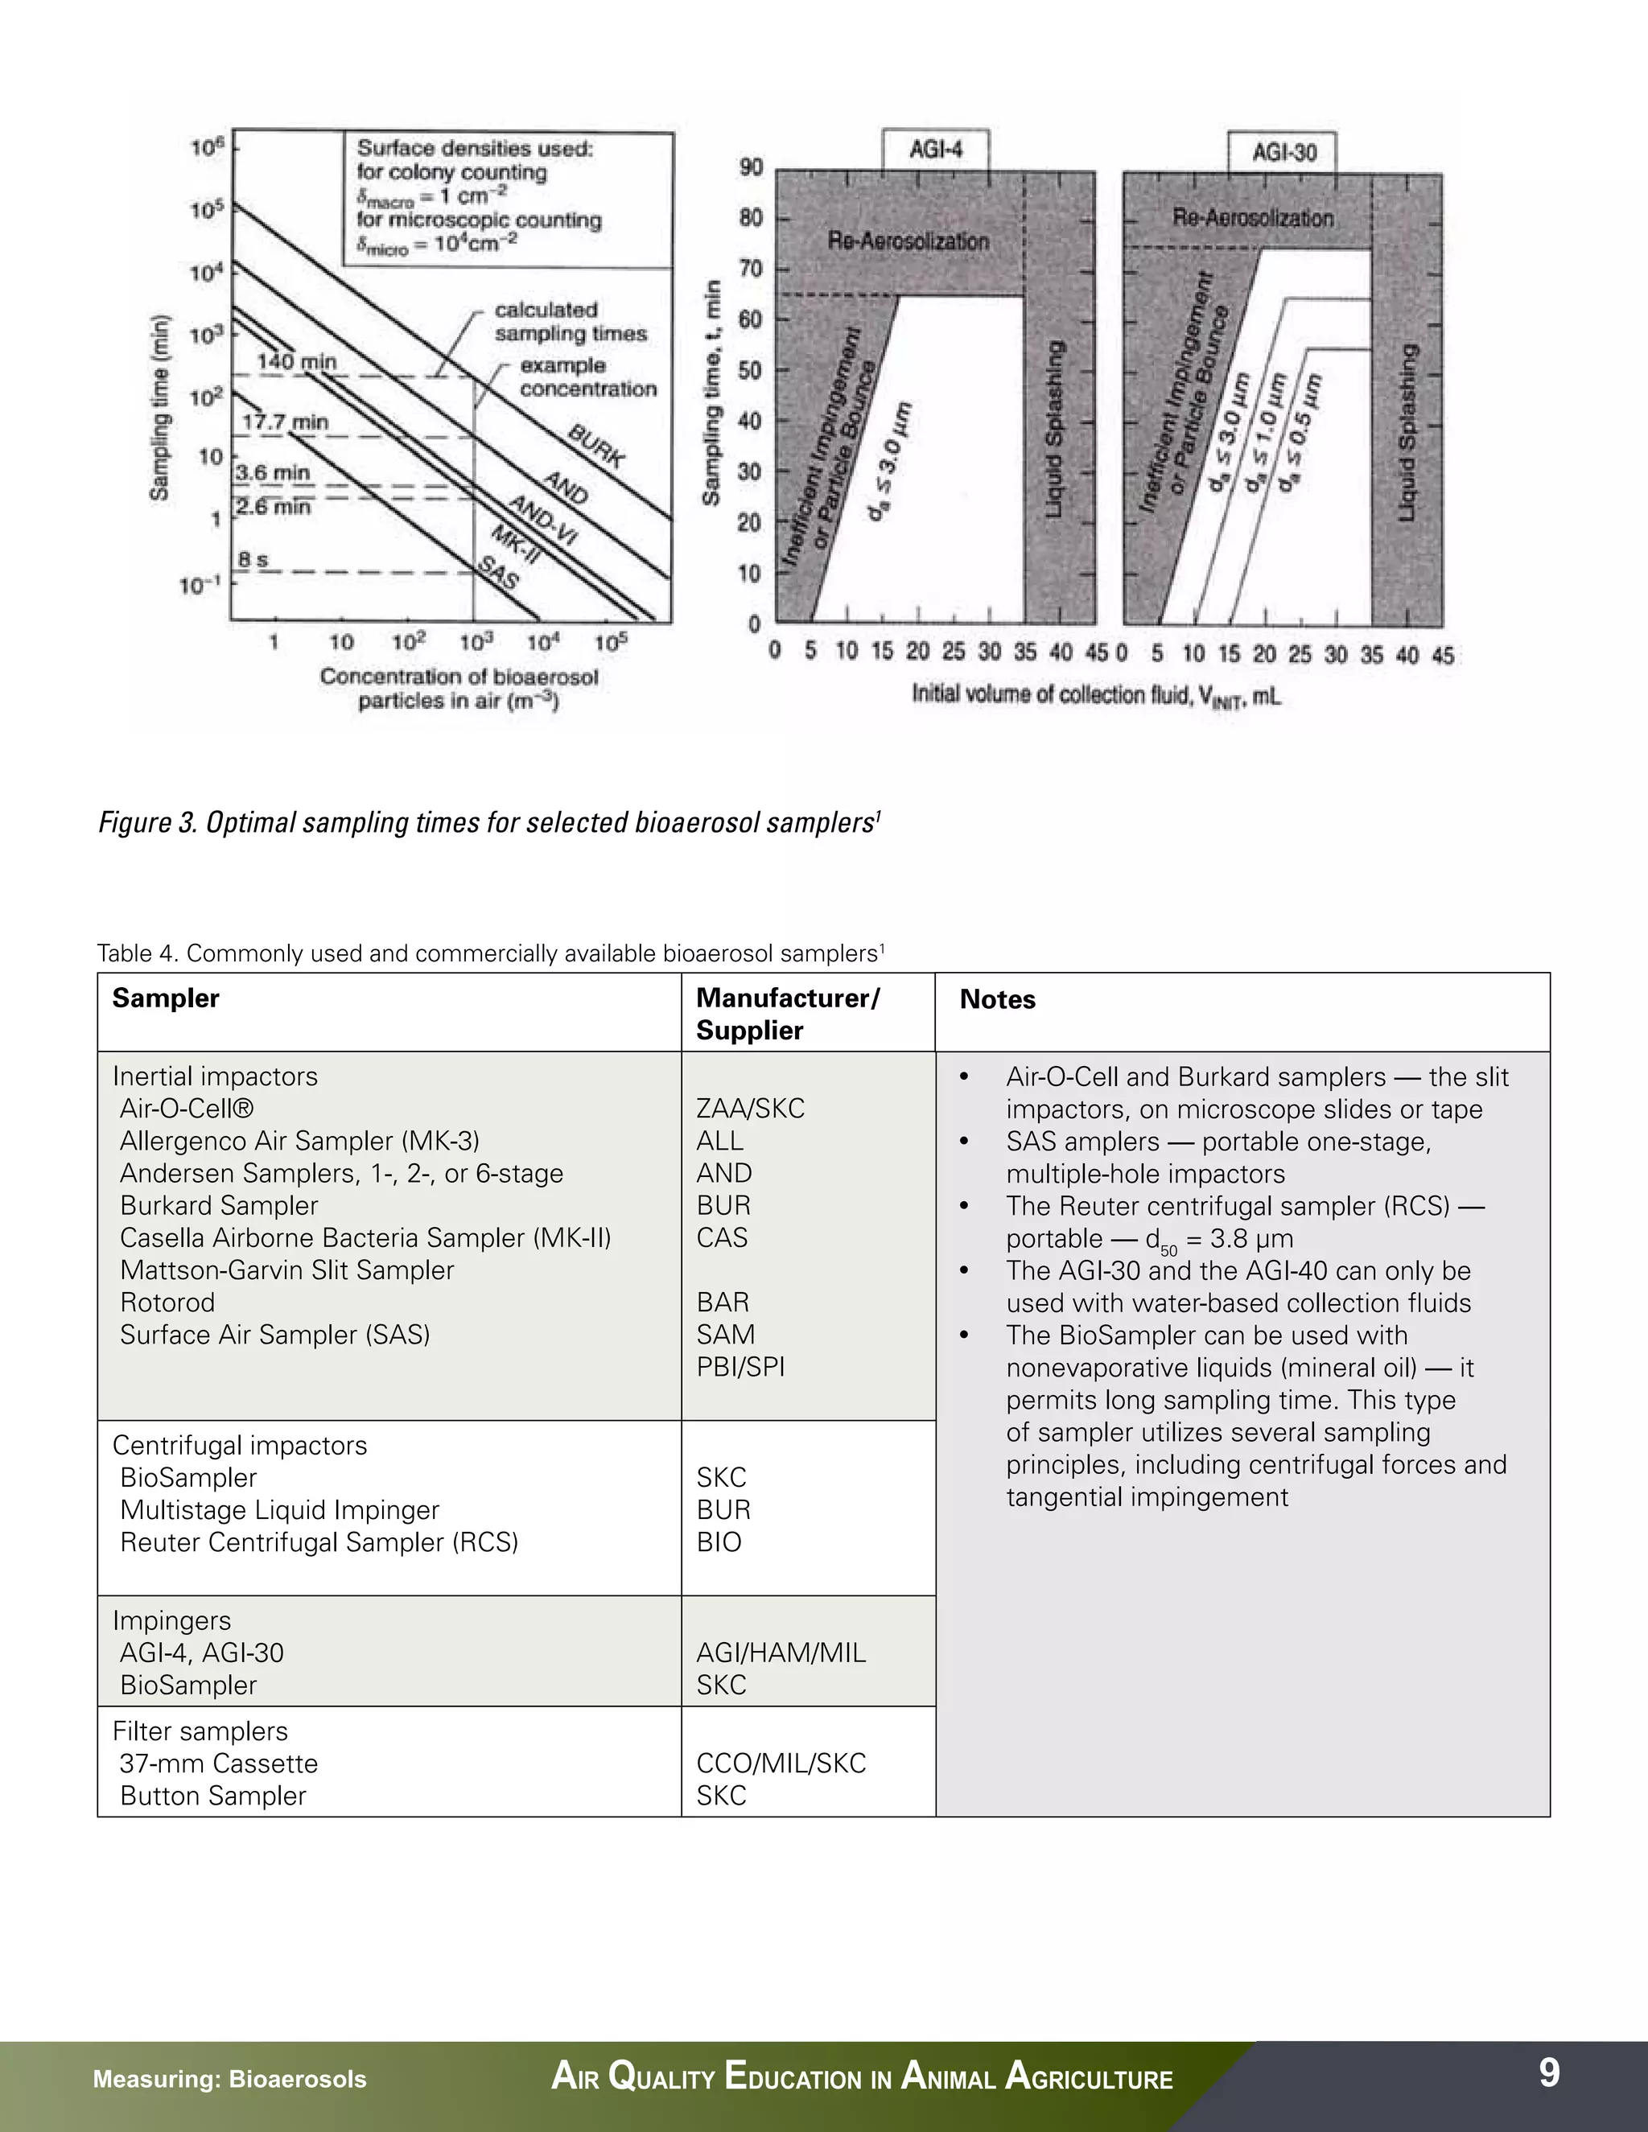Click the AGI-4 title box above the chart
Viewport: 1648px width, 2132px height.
(935, 150)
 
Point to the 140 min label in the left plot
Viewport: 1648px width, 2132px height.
(296, 362)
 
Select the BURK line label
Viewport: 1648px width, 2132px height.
(595, 447)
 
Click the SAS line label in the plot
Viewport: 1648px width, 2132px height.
(498, 572)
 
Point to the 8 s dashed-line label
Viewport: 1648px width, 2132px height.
(253, 560)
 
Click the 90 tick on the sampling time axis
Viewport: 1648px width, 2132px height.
(750, 168)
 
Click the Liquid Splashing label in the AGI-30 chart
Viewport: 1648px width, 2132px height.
(1407, 433)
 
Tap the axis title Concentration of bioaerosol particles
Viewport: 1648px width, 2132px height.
(459, 688)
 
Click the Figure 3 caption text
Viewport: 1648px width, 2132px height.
(488, 823)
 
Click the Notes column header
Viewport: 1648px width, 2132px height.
(997, 999)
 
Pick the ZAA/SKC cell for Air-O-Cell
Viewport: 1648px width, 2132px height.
(750, 1109)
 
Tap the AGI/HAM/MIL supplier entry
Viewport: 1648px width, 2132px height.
(780, 1653)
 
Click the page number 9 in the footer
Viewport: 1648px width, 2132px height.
(1548, 2072)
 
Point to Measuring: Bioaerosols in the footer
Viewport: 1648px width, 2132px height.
(229, 2079)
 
